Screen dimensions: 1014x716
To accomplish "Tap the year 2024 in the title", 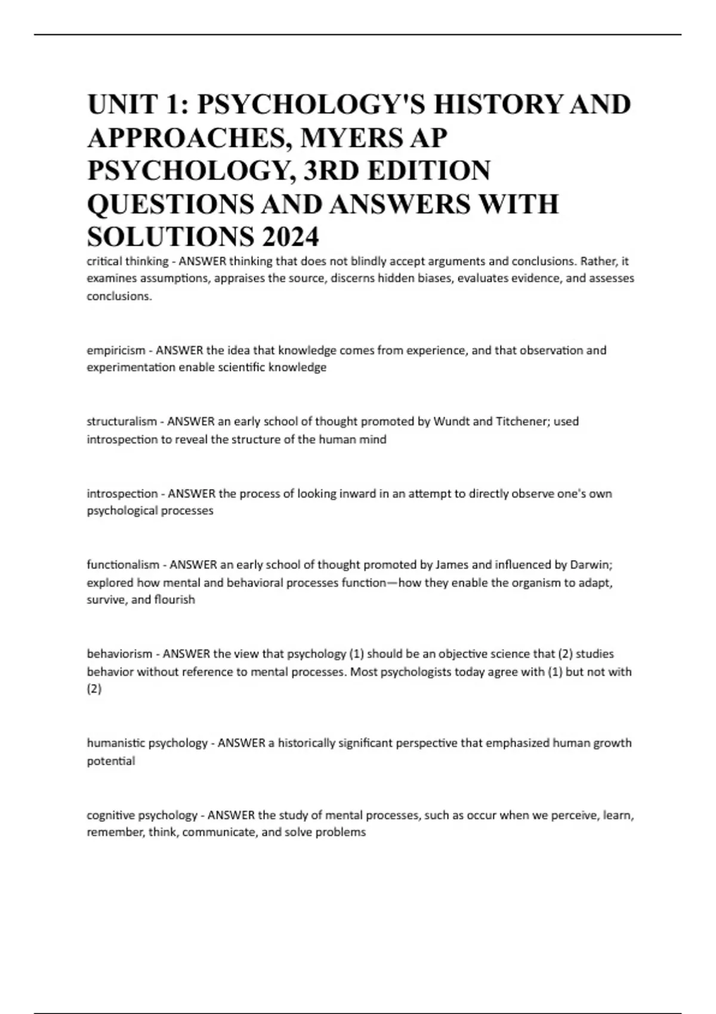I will (x=290, y=237).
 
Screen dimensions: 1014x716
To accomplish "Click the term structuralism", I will (x=122, y=422).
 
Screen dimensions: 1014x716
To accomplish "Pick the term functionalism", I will (x=123, y=565).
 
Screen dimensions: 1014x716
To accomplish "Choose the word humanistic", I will (x=115, y=743).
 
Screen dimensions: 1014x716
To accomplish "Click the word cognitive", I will (x=112, y=815).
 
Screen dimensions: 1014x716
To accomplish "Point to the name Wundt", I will (x=451, y=422).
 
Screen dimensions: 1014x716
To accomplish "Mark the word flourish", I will (x=175, y=599).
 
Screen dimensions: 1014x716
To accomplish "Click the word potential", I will (x=111, y=761).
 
